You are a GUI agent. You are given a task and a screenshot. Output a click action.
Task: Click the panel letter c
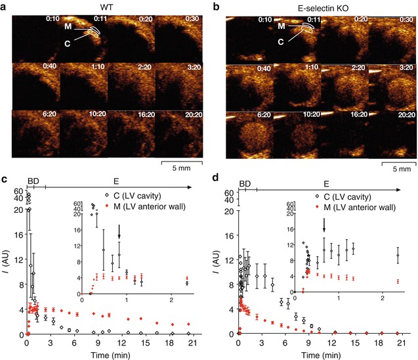pos(5,179)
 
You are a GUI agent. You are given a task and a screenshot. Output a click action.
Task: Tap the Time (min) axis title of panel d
pos(321,353)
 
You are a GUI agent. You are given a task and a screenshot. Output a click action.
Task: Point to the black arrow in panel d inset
pos(324,225)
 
